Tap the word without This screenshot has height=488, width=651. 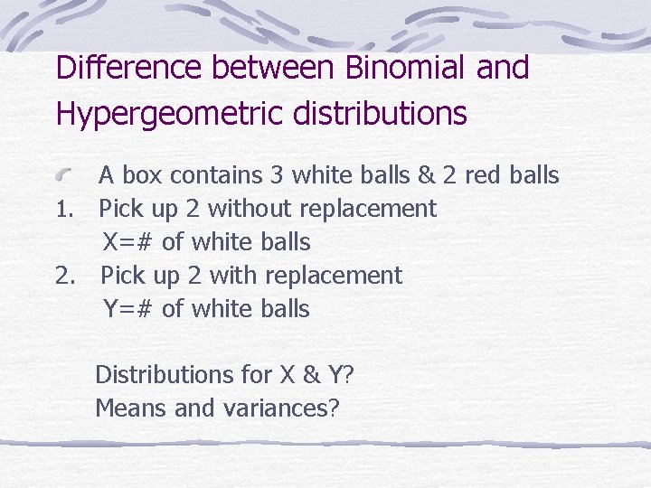point(250,209)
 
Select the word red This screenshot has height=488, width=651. point(486,175)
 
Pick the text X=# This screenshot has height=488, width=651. point(128,242)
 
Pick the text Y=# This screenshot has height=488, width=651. point(128,309)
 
